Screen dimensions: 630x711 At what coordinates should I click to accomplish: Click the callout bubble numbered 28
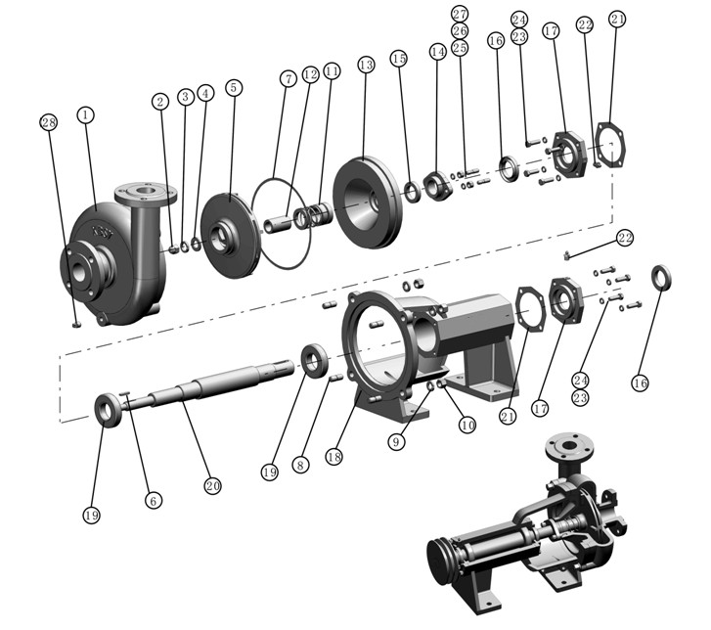[x=49, y=122]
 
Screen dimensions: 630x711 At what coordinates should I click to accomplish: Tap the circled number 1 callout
[x=86, y=115]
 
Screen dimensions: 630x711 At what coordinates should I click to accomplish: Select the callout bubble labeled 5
[x=233, y=87]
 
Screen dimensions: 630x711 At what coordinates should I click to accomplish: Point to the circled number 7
[x=288, y=77]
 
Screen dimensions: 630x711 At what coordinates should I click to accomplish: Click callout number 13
[x=366, y=65]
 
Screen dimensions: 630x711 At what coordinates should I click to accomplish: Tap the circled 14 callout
[x=436, y=50]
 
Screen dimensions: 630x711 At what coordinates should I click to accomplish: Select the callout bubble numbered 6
[x=153, y=499]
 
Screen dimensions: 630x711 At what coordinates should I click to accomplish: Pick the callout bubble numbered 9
[x=396, y=441]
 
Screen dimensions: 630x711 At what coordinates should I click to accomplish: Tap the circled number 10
[x=467, y=427]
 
